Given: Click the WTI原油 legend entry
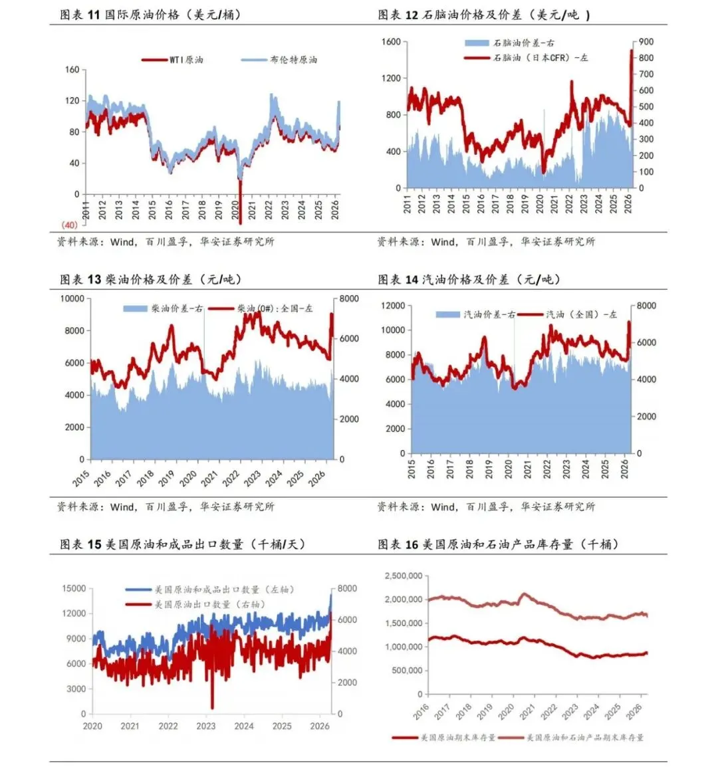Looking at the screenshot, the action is [173, 60].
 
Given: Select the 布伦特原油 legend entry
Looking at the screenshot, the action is [279, 60].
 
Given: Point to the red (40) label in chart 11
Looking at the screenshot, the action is [70, 225].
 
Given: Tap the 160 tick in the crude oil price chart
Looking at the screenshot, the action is [72, 69].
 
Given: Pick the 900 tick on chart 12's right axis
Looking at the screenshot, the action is [646, 42].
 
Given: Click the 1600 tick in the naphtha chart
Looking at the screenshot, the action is [391, 42].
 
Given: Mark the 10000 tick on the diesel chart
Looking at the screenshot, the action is [72, 299].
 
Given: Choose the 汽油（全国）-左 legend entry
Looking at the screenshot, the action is [568, 315].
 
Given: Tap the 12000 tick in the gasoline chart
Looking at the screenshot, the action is [393, 306].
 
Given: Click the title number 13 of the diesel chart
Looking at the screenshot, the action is [94, 279].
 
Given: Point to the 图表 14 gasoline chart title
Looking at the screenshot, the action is [469, 279].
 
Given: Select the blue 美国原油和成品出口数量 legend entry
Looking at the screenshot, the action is [210, 590].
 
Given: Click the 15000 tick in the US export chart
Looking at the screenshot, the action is [74, 589].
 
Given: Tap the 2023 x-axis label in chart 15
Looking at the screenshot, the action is [206, 726].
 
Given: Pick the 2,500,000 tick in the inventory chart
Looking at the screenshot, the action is [404, 576].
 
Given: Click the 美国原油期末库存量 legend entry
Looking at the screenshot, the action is [444, 738].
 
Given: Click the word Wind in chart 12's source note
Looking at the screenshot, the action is [443, 242].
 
